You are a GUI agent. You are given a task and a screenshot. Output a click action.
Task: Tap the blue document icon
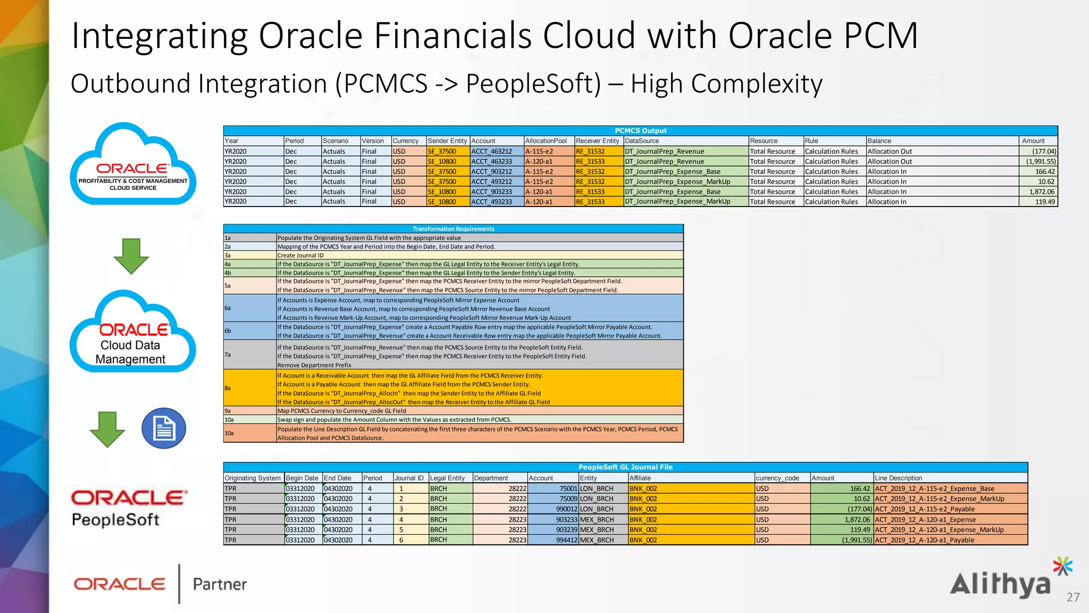[164, 428]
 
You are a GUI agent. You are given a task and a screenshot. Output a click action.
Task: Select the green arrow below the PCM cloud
[131, 256]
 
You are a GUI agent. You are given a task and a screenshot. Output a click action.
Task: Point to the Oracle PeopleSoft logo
[129, 508]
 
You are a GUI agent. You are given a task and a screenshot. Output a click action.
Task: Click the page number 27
[1073, 597]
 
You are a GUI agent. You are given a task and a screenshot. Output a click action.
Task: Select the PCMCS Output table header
[640, 130]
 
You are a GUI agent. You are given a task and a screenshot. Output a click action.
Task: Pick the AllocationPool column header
[546, 141]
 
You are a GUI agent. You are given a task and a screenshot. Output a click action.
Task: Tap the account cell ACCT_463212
[492, 151]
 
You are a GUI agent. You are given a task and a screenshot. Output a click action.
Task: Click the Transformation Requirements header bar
[453, 229]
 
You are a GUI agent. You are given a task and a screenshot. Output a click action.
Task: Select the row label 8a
[228, 388]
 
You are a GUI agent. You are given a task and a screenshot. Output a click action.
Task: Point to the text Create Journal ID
[300, 255]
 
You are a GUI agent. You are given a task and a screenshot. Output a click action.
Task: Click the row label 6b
[228, 331]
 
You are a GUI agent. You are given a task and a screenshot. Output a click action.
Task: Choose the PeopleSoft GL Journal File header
[625, 467]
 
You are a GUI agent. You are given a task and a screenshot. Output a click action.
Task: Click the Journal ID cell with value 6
[401, 540]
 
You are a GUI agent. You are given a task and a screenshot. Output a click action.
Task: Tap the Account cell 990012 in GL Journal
[566, 509]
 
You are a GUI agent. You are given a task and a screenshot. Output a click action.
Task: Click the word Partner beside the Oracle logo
[220, 584]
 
